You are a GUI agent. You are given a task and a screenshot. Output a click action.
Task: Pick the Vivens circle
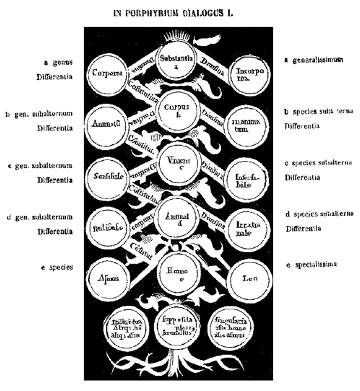click(175, 163)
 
